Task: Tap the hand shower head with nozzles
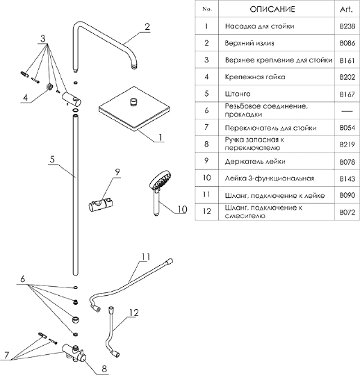click(x=161, y=179)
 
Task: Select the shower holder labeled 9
click(x=101, y=205)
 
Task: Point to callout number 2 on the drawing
click(x=147, y=26)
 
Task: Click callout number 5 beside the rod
click(x=52, y=160)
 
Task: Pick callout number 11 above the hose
click(x=146, y=257)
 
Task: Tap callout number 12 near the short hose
click(x=134, y=312)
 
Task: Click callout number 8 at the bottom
click(x=104, y=369)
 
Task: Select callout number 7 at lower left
click(x=7, y=356)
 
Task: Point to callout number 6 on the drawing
click(x=23, y=279)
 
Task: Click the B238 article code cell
click(x=347, y=26)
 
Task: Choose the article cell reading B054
click(x=347, y=128)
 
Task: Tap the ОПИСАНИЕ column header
click(x=272, y=9)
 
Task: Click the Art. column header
click(x=346, y=9)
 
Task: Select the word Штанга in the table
click(x=238, y=94)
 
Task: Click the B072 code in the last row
click(x=347, y=212)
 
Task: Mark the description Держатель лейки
click(x=255, y=162)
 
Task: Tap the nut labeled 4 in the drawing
click(x=49, y=87)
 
